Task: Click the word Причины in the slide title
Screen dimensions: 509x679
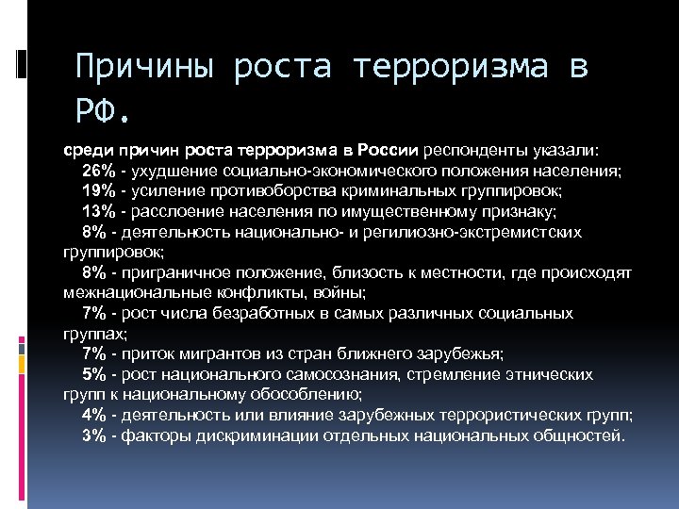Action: [144, 68]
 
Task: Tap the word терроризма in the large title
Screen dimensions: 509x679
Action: [456, 68]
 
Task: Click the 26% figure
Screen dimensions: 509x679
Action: [98, 171]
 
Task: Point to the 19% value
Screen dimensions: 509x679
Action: [98, 191]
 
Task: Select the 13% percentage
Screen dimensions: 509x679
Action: [98, 211]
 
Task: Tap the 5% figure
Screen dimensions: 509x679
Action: [94, 374]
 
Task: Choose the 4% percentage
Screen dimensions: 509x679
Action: [94, 415]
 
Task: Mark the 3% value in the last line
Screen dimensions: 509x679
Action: [94, 435]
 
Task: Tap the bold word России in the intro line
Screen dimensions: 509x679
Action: [389, 150]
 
